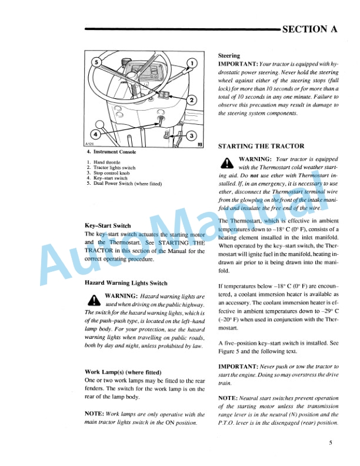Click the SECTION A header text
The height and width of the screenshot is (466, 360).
[309, 29]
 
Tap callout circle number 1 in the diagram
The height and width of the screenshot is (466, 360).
[192, 63]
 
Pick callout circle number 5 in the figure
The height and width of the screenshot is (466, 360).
[97, 61]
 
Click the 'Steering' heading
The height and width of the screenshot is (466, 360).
[229, 55]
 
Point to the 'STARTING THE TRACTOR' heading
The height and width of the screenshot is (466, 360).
[261, 146]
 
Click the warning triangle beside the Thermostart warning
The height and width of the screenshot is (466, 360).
[226, 162]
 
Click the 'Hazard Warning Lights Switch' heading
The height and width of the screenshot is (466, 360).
[126, 283]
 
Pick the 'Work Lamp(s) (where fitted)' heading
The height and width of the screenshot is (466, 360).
[123, 372]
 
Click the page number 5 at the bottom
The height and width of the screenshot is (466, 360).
[331, 444]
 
